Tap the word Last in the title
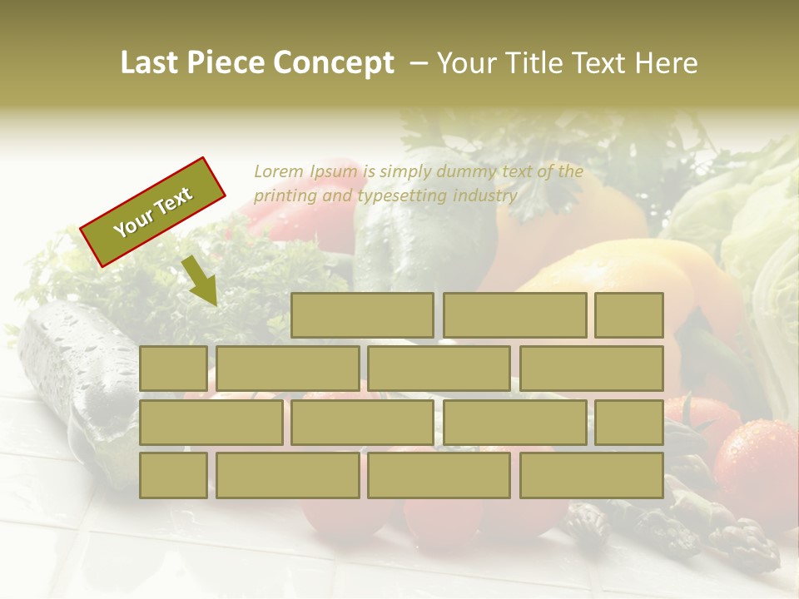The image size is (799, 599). [x=151, y=63]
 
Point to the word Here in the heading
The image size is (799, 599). [x=666, y=63]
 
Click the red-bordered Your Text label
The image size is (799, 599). [x=153, y=212]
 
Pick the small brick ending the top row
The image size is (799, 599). [x=629, y=315]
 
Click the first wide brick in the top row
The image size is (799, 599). [x=362, y=315]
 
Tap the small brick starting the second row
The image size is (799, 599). [x=173, y=369]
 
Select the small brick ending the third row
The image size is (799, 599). [x=629, y=423]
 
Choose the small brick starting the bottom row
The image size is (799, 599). [x=173, y=476]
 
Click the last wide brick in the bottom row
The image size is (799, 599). [x=592, y=476]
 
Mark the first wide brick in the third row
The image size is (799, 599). [x=211, y=423]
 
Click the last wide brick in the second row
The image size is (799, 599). [x=592, y=369]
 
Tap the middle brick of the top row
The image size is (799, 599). [x=514, y=315]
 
